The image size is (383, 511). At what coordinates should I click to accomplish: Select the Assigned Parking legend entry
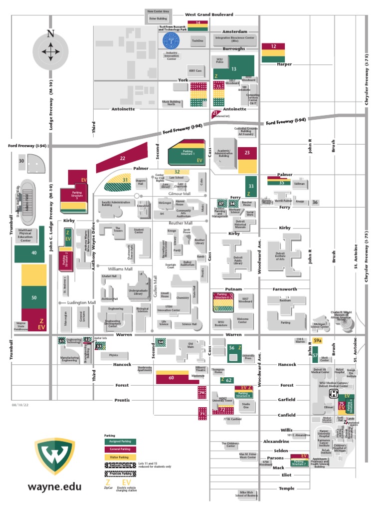click(120, 442)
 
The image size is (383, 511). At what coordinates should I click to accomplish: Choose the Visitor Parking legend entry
click(120, 457)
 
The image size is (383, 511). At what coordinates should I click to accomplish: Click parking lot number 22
click(122, 158)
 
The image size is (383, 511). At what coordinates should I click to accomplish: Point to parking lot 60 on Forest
click(171, 378)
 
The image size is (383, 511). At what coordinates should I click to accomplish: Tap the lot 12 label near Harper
click(273, 46)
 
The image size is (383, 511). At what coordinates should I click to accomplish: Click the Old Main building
click(190, 345)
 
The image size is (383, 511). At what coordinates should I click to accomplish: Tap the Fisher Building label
click(158, 18)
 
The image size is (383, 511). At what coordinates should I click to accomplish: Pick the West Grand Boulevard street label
click(209, 15)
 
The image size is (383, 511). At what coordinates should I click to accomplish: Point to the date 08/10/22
click(19, 405)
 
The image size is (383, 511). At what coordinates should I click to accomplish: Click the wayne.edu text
click(54, 487)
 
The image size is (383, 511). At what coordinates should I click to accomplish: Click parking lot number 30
click(21, 161)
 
